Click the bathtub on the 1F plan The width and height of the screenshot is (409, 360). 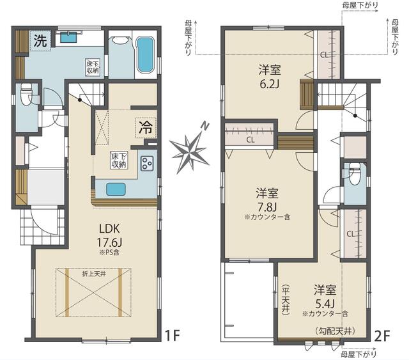[145, 54]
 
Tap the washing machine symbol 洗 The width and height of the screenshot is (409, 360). [40, 41]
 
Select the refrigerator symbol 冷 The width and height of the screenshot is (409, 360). [146, 128]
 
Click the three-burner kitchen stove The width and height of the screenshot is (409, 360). [147, 164]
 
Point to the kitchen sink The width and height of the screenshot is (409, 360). [116, 189]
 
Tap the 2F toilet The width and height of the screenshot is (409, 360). [355, 174]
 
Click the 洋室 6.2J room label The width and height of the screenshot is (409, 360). [270, 77]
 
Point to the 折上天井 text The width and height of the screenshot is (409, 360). [94, 274]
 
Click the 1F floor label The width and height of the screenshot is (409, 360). [173, 336]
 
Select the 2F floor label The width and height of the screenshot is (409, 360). [382, 336]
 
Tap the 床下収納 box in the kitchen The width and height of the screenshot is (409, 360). [119, 160]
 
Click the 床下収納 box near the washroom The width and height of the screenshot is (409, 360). [93, 68]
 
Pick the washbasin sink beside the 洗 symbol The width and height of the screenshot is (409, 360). [69, 37]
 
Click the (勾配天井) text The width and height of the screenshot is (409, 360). [335, 331]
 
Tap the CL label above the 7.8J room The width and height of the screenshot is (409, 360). [251, 140]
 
